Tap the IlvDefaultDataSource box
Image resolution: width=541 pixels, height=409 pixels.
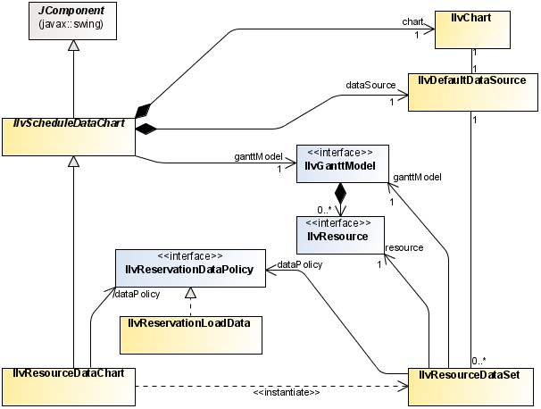click(x=471, y=92)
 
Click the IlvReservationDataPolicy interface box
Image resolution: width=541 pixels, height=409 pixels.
click(x=190, y=269)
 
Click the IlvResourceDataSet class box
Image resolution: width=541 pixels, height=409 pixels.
click(x=471, y=385)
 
